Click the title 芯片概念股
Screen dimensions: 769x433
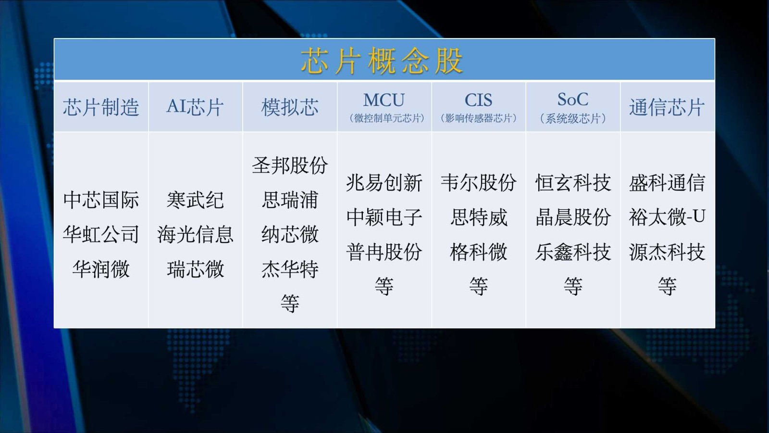(382, 61)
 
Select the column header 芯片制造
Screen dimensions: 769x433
(101, 107)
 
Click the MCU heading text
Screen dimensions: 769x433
(384, 100)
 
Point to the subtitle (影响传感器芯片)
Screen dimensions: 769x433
(479, 118)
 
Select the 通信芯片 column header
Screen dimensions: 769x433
(667, 107)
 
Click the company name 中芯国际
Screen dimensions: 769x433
(101, 200)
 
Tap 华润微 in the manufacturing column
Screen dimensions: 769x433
(101, 269)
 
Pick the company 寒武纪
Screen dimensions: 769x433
(195, 200)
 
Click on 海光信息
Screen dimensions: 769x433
(195, 235)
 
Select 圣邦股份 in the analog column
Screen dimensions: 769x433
(290, 166)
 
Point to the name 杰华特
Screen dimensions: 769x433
(290, 269)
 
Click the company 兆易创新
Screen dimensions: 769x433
(384, 182)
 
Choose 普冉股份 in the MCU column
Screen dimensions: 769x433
(384, 252)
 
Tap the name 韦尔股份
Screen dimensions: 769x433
(479, 182)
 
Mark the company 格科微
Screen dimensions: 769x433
(479, 252)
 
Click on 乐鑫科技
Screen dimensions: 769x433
(572, 252)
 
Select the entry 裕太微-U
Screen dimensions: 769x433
(667, 217)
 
